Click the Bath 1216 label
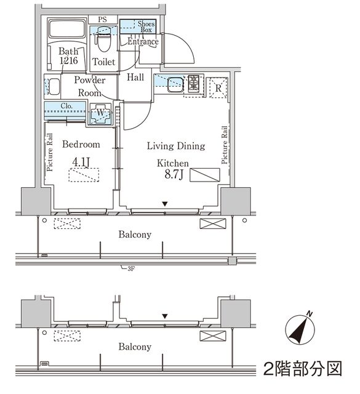click(x=68, y=57)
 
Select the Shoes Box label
click(x=145, y=26)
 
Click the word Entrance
click(x=143, y=42)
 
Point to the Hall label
click(x=136, y=78)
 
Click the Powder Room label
click(x=90, y=86)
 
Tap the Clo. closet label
click(x=67, y=106)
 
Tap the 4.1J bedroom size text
click(x=81, y=162)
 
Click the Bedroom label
click(x=81, y=145)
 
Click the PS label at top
click(x=102, y=20)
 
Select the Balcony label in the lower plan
click(x=135, y=347)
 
